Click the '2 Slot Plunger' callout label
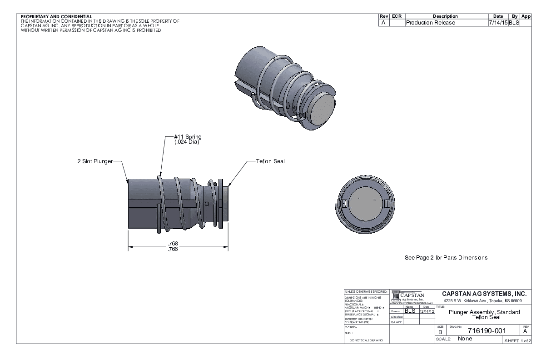point(94,161)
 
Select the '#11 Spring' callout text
point(188,137)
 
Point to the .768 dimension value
point(173,243)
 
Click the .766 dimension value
point(173,250)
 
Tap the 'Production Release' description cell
point(430,23)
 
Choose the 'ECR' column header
point(397,16)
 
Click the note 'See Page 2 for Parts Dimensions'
point(446,258)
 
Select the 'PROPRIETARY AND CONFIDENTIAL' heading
point(56,17)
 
